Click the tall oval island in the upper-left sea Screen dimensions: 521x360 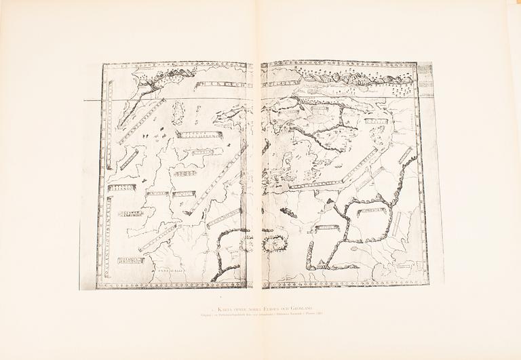[179, 113]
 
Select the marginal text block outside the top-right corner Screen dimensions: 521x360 [425, 78]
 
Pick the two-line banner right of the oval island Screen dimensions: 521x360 [199, 134]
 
